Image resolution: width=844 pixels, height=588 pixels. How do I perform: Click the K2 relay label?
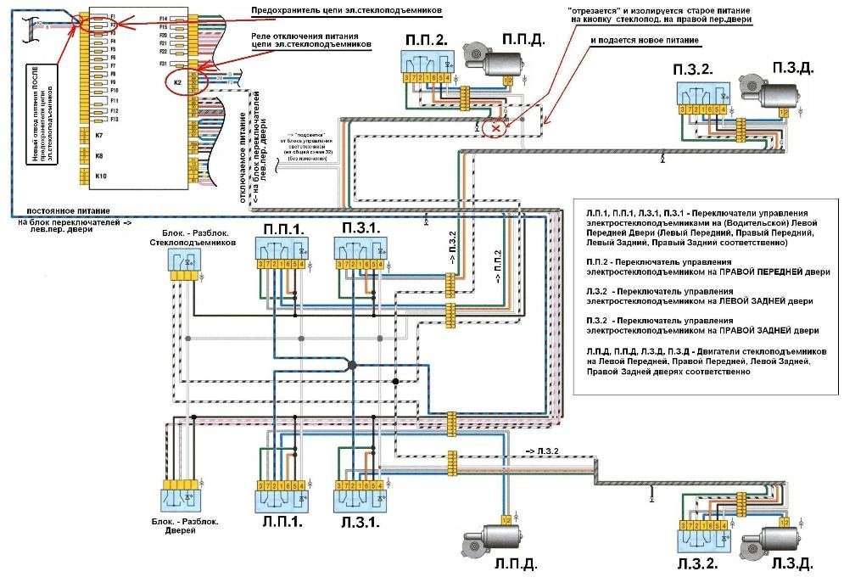coord(177,83)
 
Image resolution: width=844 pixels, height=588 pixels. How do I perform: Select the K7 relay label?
coord(99,136)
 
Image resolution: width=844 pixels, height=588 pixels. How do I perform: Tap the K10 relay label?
coord(100,176)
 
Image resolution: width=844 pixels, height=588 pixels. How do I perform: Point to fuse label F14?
coord(163,17)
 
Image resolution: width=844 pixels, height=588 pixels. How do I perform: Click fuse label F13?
coord(114,120)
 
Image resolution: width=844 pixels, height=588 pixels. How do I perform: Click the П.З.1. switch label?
coord(361,227)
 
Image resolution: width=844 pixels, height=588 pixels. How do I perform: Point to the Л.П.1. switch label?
coord(281,523)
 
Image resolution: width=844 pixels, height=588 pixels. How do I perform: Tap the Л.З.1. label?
coord(360,523)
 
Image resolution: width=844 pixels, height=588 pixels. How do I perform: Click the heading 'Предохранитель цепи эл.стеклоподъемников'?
coord(348,10)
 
